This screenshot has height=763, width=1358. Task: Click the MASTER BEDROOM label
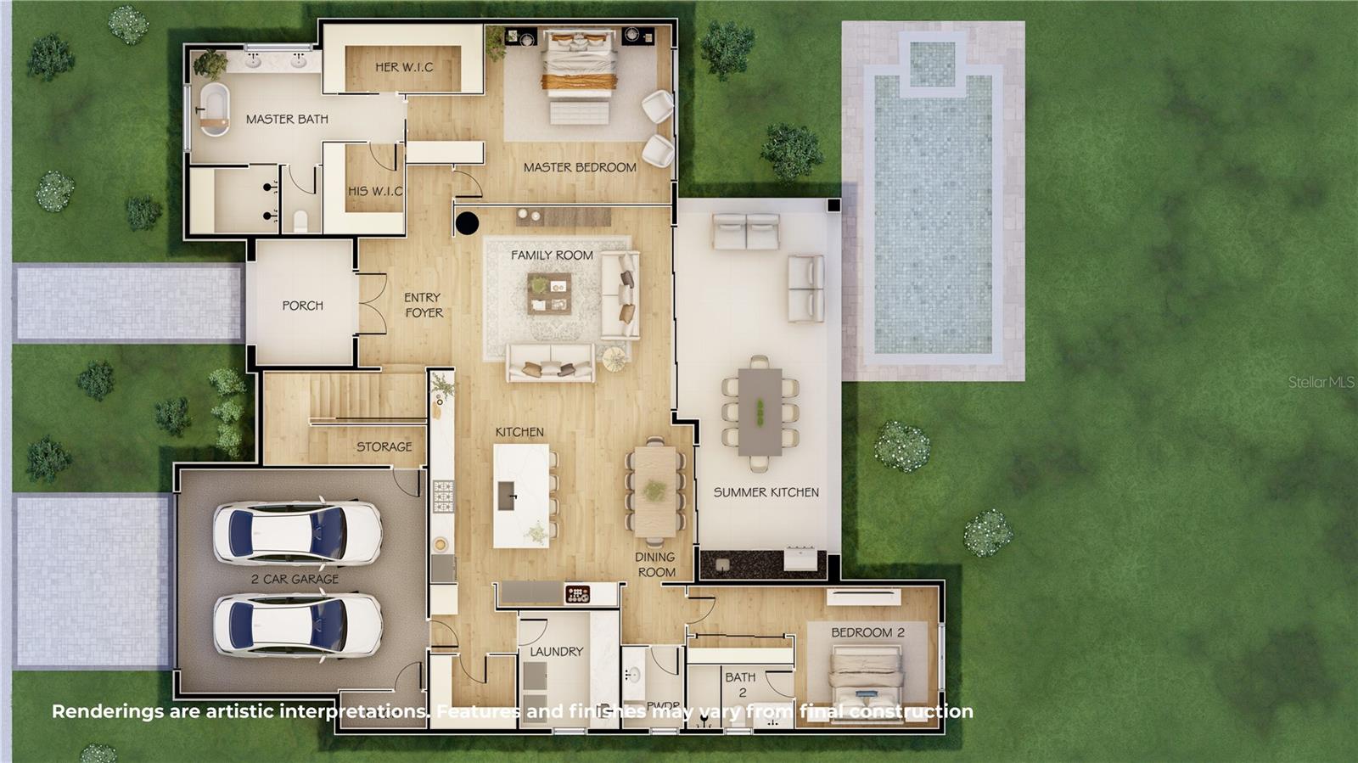point(580,167)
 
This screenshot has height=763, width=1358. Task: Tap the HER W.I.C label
point(404,67)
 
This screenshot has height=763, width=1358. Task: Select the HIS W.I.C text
point(375,191)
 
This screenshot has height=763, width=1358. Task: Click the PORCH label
point(302,306)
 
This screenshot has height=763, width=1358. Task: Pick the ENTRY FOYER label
point(424,305)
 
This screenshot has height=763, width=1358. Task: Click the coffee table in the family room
point(549,293)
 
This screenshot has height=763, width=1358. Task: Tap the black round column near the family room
point(467,223)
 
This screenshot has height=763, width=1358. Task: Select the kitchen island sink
point(507,496)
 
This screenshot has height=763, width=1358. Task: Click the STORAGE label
point(384,446)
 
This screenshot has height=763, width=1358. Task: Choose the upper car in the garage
point(297,533)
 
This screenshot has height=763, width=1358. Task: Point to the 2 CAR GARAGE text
point(295,579)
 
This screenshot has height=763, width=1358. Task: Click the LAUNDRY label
point(556,652)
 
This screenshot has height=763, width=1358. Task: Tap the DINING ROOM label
point(655,564)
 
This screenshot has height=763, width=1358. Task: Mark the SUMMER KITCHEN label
point(766,492)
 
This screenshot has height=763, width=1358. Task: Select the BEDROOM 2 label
point(867,632)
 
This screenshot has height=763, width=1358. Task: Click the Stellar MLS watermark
point(1322,383)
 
